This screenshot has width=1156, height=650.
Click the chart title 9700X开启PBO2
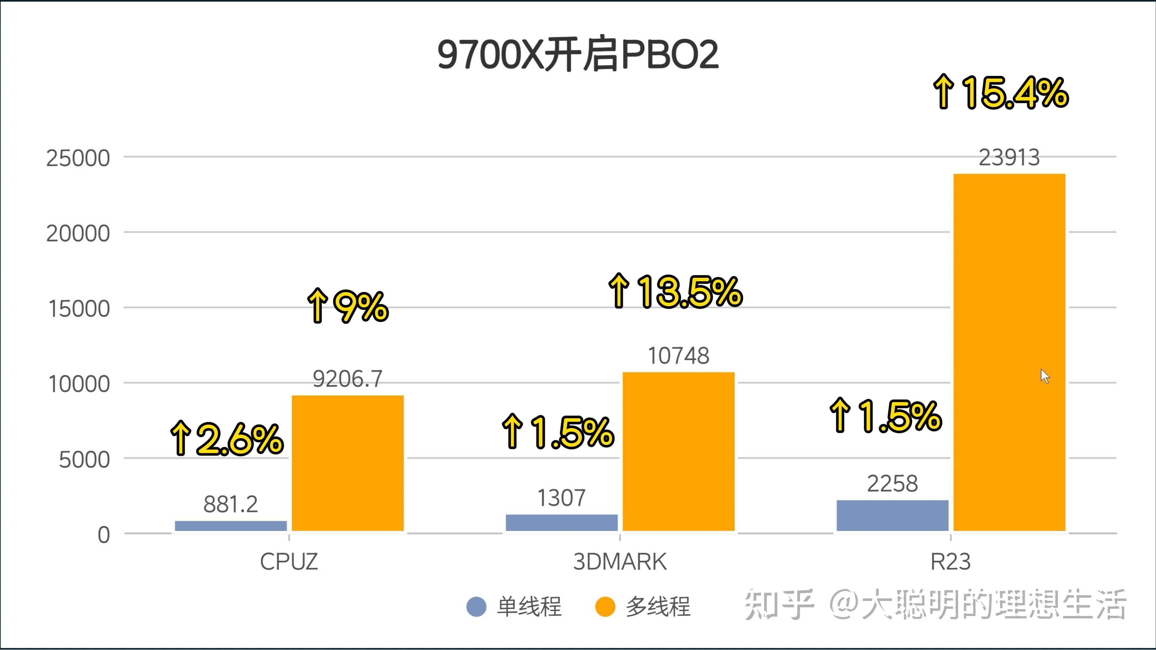578,55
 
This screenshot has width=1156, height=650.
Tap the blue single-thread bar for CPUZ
231,526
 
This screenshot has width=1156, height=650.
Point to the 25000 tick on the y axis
78,158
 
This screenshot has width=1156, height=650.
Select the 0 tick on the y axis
104,535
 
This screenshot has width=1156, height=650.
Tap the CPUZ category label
289,562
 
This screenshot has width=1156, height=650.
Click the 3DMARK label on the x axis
620,562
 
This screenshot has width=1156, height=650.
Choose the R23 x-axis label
950,562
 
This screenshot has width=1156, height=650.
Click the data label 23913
1009,157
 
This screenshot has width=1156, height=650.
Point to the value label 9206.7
347,379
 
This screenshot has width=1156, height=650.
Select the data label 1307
561,498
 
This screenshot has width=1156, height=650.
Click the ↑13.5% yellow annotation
675,292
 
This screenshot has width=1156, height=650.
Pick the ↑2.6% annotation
227,439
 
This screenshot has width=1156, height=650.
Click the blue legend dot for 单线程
476,606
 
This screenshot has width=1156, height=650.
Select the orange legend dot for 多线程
605,606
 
